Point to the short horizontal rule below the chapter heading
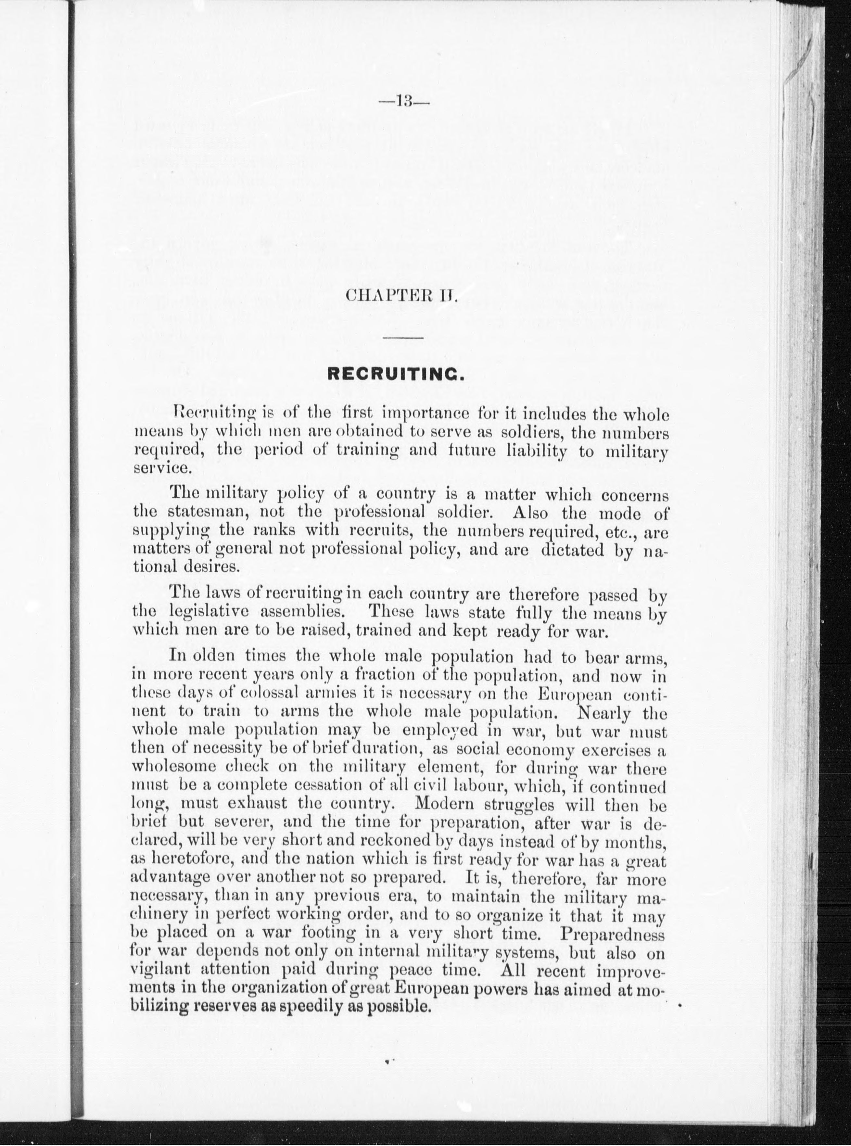coord(403,338)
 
